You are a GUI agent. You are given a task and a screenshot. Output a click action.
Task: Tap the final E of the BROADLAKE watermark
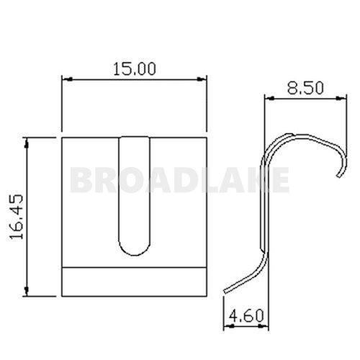coord(280,179)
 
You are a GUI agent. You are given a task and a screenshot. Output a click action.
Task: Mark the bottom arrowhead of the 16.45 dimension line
coord(27,292)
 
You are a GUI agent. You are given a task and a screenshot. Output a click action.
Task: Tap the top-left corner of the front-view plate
coord(63,136)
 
